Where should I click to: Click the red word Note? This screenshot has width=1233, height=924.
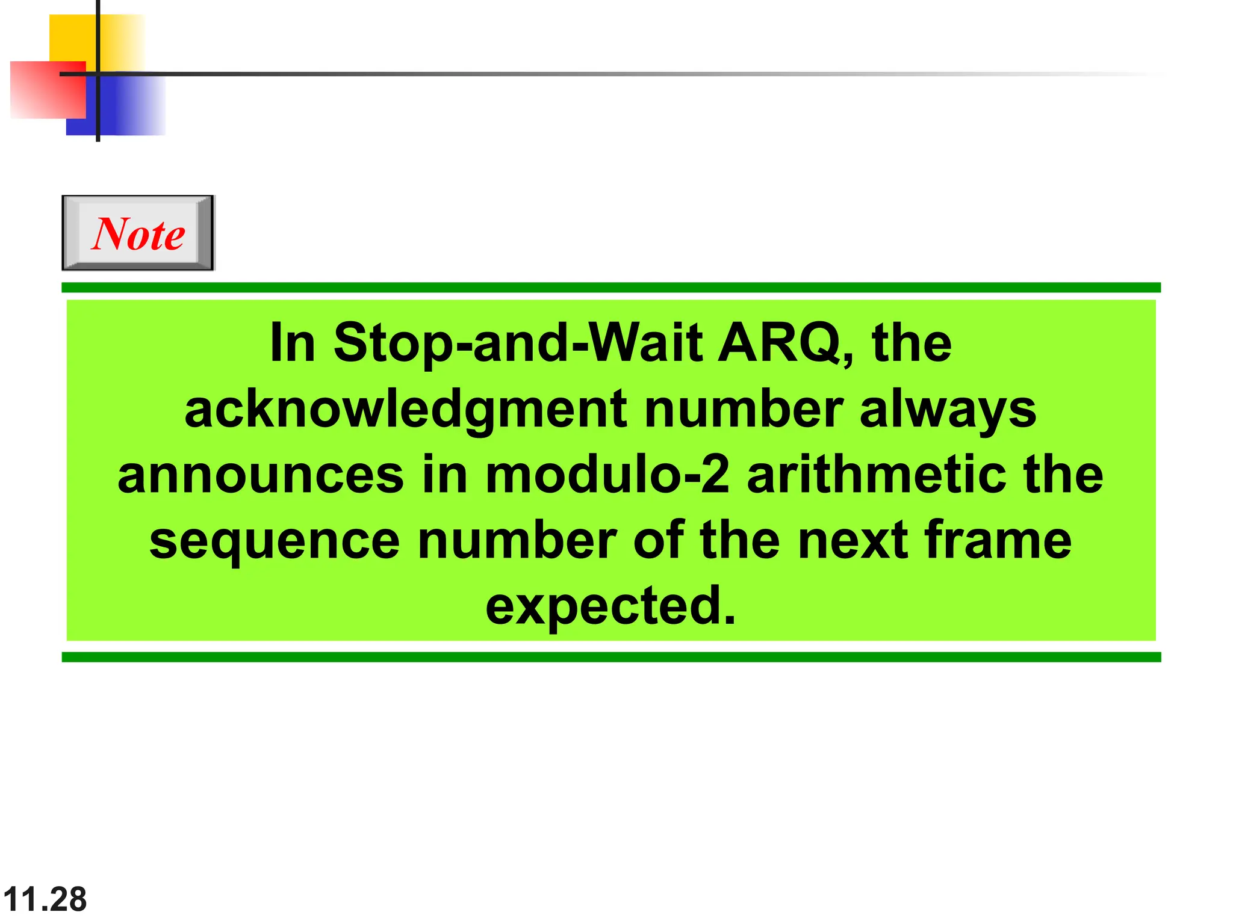click(138, 233)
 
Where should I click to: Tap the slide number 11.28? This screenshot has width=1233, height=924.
click(45, 899)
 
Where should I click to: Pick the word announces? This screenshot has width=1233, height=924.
click(260, 475)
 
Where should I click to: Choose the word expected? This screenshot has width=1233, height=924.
click(610, 606)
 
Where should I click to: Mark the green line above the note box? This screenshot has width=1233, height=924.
click(610, 288)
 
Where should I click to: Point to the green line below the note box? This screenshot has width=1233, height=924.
click(610, 657)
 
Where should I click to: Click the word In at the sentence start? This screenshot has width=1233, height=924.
click(293, 343)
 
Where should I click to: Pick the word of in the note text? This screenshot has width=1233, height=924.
click(659, 540)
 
